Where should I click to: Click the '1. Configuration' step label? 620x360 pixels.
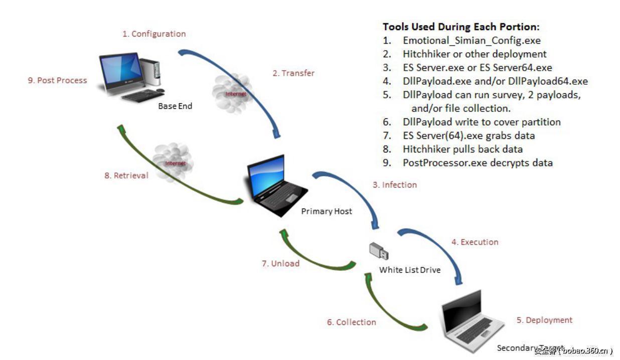click(153, 34)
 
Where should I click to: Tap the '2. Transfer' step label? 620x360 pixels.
click(293, 73)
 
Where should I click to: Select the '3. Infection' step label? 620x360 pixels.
click(394, 185)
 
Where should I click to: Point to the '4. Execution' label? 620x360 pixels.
click(475, 242)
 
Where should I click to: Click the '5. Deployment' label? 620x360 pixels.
click(544, 320)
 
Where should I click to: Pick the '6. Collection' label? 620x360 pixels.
click(351, 322)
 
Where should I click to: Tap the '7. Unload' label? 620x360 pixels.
click(280, 263)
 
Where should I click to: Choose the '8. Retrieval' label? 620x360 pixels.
click(126, 176)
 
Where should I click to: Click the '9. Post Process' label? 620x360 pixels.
click(57, 80)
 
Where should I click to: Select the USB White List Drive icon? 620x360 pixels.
click(379, 251)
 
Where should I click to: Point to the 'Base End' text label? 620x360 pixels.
click(175, 107)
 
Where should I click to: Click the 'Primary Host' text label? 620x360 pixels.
click(327, 212)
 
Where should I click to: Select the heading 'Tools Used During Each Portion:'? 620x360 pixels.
click(460, 27)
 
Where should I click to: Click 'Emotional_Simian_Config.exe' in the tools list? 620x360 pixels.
click(472, 41)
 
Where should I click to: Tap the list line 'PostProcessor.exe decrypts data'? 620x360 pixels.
click(477, 163)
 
